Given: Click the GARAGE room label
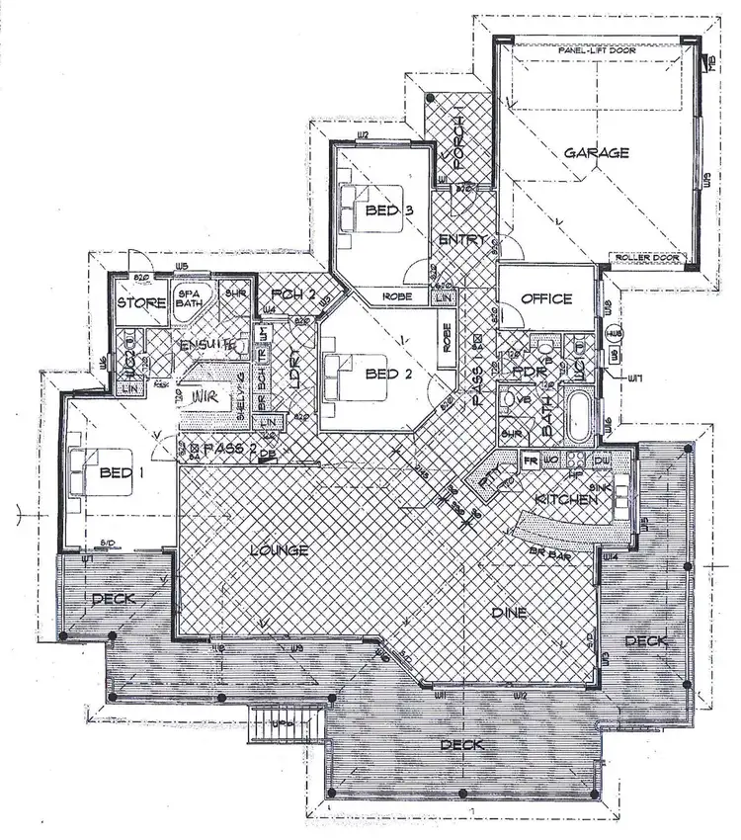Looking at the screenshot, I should point(597,153).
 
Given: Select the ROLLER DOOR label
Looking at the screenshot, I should point(647,258).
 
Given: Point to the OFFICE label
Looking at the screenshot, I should point(547,298).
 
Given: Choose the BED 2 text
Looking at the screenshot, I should point(381,373).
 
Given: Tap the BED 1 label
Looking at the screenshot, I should point(123,472).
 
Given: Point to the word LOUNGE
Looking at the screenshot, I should point(281,549).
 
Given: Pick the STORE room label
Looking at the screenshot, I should point(141,302).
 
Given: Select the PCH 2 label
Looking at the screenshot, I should point(288,294).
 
